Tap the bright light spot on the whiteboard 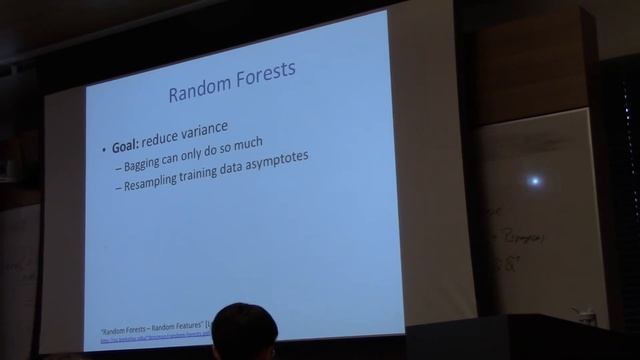[535, 181]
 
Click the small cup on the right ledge [588, 315]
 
